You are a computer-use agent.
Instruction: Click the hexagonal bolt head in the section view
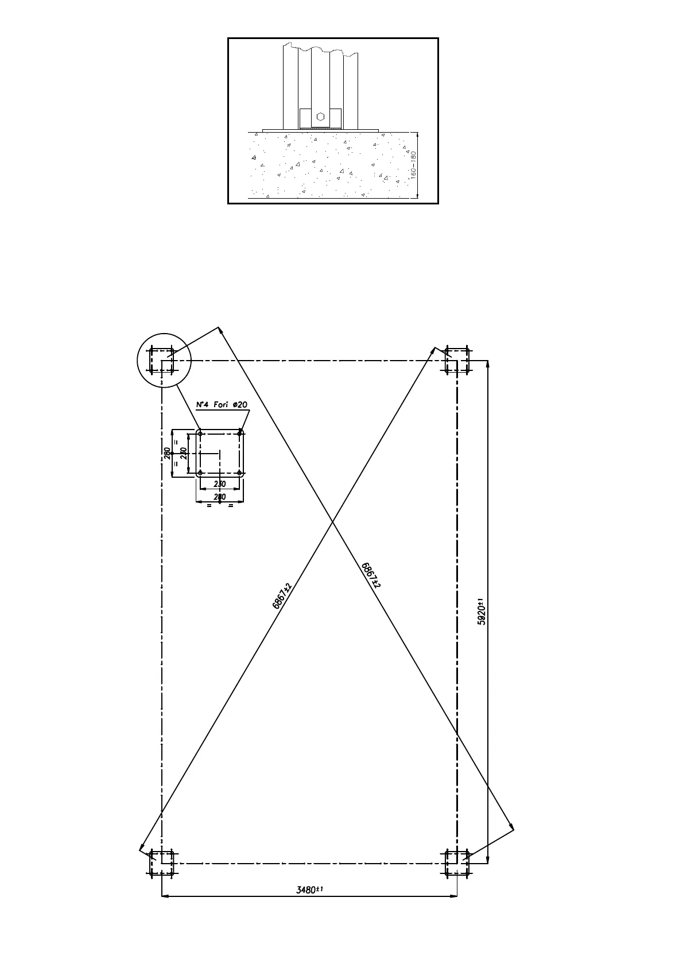(x=320, y=116)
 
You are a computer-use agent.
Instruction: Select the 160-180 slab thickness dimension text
(x=413, y=166)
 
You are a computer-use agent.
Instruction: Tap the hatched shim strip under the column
(x=320, y=127)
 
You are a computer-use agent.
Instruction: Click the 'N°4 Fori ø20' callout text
(x=222, y=405)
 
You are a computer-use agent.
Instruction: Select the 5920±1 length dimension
(x=483, y=612)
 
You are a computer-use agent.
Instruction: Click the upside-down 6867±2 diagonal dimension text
(x=371, y=574)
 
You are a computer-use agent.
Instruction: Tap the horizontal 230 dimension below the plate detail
(x=220, y=484)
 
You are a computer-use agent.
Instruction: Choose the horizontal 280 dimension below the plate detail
(x=220, y=497)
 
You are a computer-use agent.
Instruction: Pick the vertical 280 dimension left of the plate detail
(x=167, y=454)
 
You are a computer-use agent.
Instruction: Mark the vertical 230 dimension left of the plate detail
(x=183, y=454)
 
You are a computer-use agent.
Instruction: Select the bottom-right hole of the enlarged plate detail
(x=240, y=473)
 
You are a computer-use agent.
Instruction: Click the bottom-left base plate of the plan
(x=161, y=863)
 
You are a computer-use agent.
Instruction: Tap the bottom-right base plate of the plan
(x=457, y=863)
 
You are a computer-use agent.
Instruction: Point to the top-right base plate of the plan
(x=457, y=360)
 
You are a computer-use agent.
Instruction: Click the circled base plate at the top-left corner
(x=161, y=360)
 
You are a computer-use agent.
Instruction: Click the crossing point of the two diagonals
(x=332, y=522)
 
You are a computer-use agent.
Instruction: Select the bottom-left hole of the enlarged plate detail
(x=200, y=473)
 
